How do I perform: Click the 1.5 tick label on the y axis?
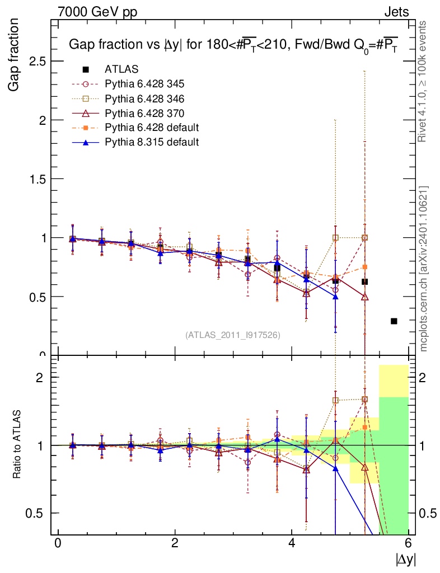tap(37, 179)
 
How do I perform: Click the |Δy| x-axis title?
tap(406, 559)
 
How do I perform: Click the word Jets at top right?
tap(396, 11)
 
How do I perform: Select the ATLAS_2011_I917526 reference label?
tap(233, 335)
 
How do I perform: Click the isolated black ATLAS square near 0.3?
tap(394, 321)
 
